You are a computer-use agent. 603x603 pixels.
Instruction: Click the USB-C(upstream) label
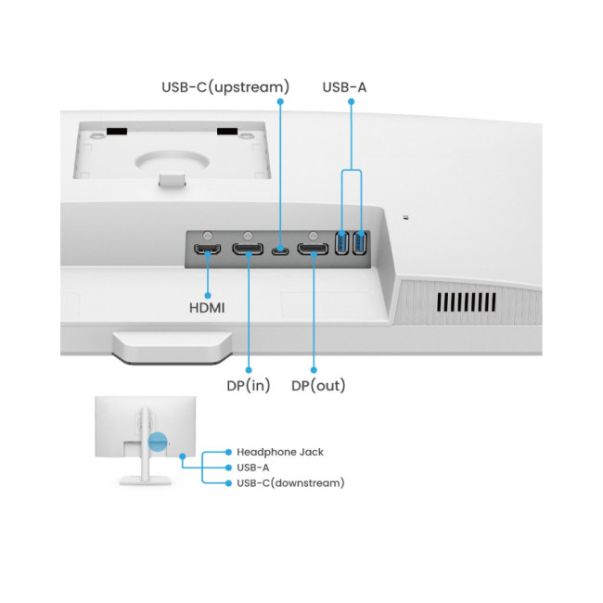226,87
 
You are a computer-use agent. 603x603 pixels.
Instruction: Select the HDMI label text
207,306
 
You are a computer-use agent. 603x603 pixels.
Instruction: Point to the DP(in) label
250,385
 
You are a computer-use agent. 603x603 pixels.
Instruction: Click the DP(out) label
318,385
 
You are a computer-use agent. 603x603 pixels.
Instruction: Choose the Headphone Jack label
279,452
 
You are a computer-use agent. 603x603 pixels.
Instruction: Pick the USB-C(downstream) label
290,482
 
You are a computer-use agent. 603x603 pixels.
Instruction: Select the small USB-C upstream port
280,249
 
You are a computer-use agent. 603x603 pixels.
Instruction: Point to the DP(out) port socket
313,249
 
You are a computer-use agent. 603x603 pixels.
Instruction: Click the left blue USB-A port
341,243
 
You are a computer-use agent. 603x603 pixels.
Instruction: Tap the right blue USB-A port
359,243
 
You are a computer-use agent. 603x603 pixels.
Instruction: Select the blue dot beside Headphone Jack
228,452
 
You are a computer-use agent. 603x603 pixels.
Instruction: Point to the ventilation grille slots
467,302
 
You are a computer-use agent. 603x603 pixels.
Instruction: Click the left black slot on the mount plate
115,132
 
